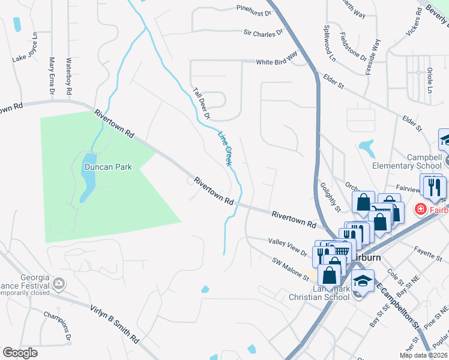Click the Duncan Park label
(x=107, y=167)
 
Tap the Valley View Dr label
(x=288, y=247)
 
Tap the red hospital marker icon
(x=420, y=209)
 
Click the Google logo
(x=20, y=353)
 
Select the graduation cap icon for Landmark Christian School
(x=362, y=280)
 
